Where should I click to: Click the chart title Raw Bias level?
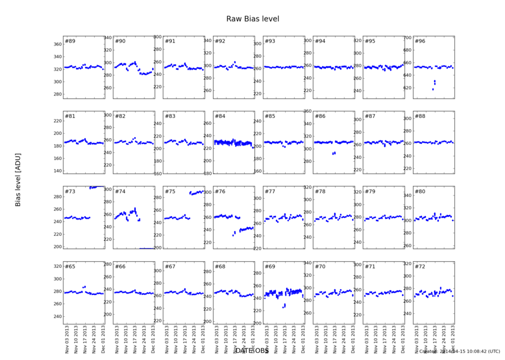[x=252, y=19]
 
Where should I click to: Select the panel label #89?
[x=70, y=42]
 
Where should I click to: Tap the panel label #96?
[x=419, y=42]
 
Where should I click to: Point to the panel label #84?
[x=220, y=116]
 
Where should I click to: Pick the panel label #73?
[x=70, y=192]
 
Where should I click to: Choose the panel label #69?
[x=270, y=266]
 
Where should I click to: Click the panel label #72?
[x=419, y=266]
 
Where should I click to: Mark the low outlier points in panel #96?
[x=434, y=84]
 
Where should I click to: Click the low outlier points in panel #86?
[x=333, y=153]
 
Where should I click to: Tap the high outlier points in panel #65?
[x=84, y=287]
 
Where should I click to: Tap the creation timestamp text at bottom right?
[x=460, y=352]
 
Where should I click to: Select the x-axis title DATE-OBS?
[x=252, y=350]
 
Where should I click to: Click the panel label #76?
[x=220, y=192]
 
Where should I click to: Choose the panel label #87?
[x=370, y=116]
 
